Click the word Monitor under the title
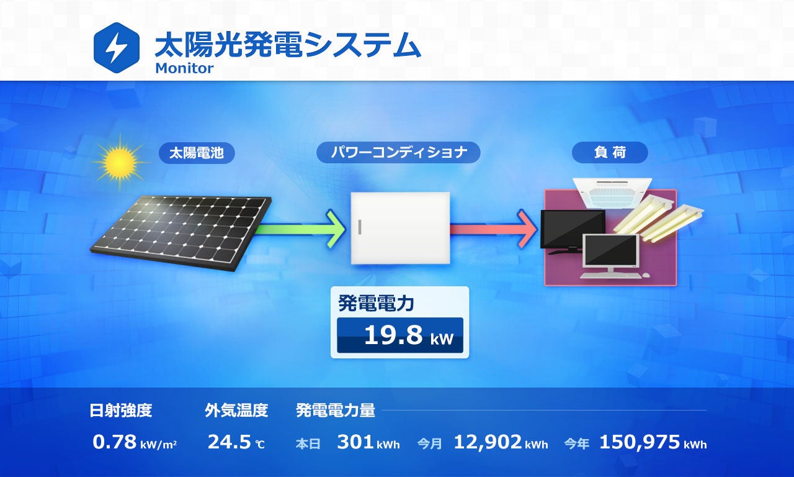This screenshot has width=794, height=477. [x=184, y=68]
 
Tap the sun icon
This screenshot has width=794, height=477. [x=120, y=162]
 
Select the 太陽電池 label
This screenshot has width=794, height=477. [x=197, y=153]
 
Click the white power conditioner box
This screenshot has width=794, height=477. [x=401, y=228]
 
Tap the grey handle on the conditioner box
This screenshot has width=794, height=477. [x=359, y=227]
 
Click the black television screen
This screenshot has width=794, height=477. [x=571, y=229]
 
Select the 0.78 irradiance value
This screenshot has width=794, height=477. [x=115, y=442]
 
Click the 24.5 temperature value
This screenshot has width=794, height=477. [x=229, y=442]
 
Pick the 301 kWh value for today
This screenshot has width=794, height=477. [x=355, y=442]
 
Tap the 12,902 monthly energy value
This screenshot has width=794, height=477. [x=488, y=442]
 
